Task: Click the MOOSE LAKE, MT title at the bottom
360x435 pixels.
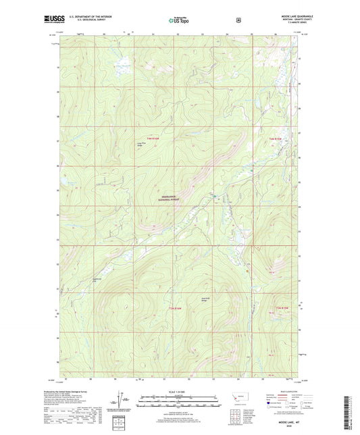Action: (x=180, y=422)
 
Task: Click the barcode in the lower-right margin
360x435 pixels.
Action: (x=353, y=409)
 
